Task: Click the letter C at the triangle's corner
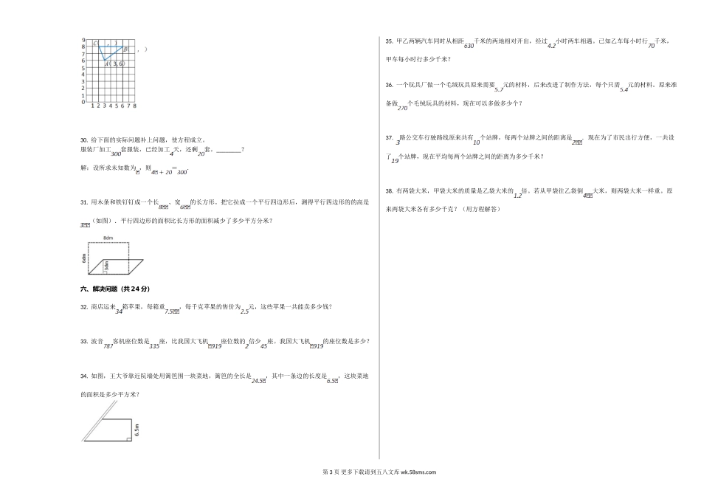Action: pyautogui.click(x=96, y=44)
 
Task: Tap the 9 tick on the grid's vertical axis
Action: pyautogui.click(x=84, y=39)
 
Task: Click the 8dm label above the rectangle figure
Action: pyautogui.click(x=108, y=238)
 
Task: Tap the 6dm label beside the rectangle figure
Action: pyautogui.click(x=85, y=259)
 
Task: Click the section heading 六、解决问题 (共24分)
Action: pyautogui.click(x=120, y=289)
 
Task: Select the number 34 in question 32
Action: pyautogui.click(x=120, y=311)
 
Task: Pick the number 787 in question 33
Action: pyautogui.click(x=108, y=345)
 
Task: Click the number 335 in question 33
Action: pyautogui.click(x=154, y=345)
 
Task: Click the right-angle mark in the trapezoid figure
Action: pyautogui.click(x=129, y=439)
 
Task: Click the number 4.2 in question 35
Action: pyautogui.click(x=551, y=46)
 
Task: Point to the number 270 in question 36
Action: pyautogui.click(x=402, y=108)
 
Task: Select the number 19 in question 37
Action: pyautogui.click(x=395, y=160)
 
